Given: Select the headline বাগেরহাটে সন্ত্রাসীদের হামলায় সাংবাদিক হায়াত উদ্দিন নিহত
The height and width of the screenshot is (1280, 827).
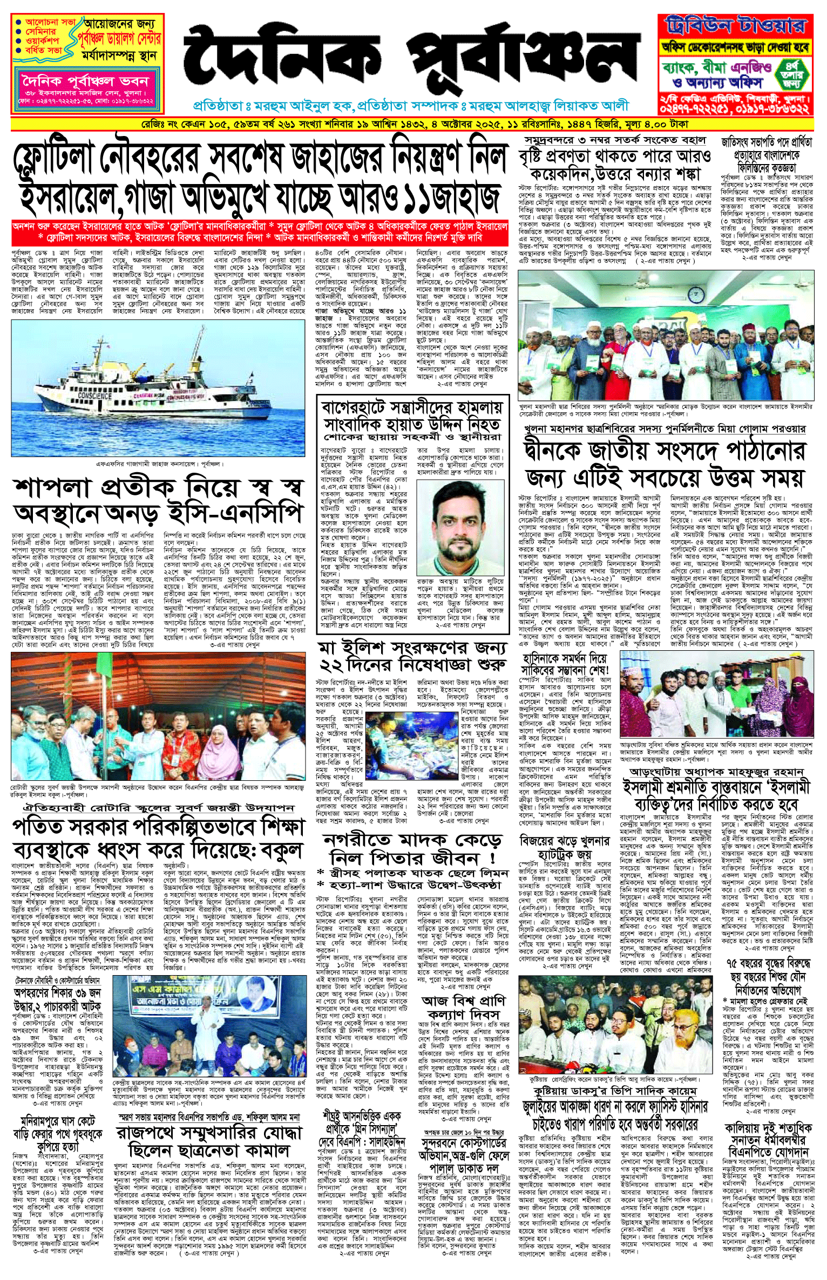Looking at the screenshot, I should [x=412, y=416].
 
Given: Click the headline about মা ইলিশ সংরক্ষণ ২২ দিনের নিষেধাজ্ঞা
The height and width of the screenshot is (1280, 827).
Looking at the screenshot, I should [x=412, y=656].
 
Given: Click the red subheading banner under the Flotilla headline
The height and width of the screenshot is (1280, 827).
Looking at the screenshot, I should [x=259, y=232].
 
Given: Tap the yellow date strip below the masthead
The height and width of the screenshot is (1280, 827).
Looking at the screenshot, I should [x=412, y=125].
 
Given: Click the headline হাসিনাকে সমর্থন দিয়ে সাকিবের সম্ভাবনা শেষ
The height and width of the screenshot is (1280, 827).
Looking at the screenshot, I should [x=565, y=664].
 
